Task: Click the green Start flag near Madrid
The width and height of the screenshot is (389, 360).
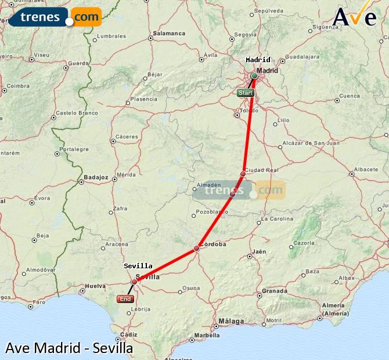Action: tap(246, 93)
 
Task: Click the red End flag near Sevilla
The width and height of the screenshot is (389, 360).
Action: tap(125, 299)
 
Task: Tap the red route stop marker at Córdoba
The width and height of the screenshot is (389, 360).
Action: tap(197, 249)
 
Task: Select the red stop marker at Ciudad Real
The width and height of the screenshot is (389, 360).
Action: tap(243, 174)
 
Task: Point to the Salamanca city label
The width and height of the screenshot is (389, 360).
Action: tap(169, 34)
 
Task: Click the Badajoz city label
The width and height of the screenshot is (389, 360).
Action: tap(96, 177)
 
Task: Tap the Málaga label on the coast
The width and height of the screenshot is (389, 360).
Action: tap(232, 321)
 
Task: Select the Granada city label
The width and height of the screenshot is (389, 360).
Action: tap(275, 290)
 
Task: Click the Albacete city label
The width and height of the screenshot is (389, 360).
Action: tap(366, 170)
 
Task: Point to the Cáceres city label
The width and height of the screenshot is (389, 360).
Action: tap(127, 137)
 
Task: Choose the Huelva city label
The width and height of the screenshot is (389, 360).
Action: tap(95, 286)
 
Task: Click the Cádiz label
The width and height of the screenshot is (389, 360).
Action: tap(129, 334)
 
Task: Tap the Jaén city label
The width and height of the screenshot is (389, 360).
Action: tap(259, 251)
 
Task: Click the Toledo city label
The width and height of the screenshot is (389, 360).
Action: tap(249, 110)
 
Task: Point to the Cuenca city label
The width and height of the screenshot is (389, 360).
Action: tap(350, 96)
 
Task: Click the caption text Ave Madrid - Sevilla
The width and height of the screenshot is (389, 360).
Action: tap(69, 348)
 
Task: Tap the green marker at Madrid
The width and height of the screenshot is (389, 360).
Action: tap(254, 75)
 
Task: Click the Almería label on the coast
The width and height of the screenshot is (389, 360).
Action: tap(333, 305)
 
